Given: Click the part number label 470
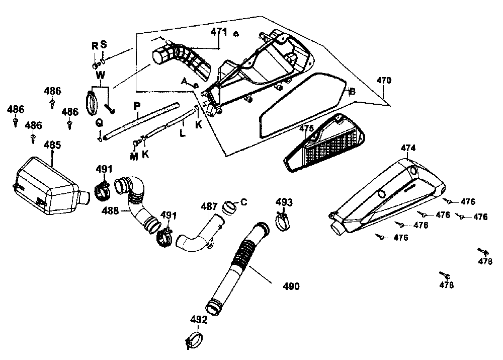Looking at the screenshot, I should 383,80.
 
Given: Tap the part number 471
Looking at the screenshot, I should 218,32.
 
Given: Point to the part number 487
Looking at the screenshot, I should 209,206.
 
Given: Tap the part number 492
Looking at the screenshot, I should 199,319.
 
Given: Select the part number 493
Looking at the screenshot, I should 284,202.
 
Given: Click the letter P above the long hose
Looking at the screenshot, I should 136,106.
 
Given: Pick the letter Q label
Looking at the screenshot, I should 99,122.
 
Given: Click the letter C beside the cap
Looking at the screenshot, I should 243,202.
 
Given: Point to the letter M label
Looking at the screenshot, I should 134,156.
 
